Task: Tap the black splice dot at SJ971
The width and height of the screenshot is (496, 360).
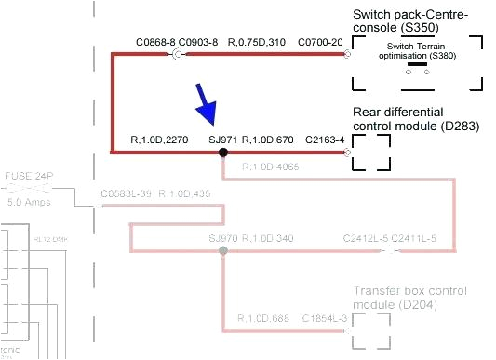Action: point(223,151)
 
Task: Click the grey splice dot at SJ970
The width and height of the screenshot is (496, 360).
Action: point(221,252)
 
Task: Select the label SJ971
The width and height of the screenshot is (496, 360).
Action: point(222,139)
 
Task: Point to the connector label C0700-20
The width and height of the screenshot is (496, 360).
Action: point(320,43)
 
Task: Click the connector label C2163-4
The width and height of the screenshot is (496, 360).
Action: point(325,140)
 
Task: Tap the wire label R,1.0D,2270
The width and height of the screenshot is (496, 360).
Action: point(160,139)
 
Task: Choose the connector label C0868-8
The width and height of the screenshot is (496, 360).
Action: point(155,43)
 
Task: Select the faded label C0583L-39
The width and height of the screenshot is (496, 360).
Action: point(124,193)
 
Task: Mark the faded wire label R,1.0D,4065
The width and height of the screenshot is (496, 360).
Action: point(270,167)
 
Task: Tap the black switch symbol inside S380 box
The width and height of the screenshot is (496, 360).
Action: point(430,65)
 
